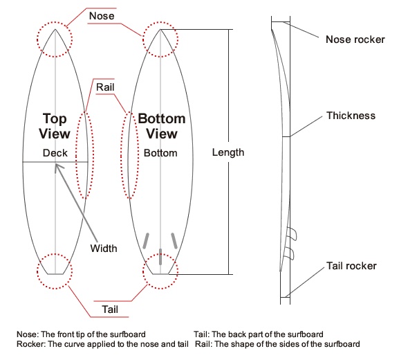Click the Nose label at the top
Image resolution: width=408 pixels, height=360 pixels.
[x=102, y=15]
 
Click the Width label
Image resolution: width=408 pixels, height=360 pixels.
[x=104, y=248]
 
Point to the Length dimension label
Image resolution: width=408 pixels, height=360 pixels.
[x=228, y=152]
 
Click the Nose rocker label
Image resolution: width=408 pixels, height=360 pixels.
[x=355, y=39]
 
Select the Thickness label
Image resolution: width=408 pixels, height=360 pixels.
[x=351, y=116]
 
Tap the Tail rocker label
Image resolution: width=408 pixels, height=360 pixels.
[x=351, y=265]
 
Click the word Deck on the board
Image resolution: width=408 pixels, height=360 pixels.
[x=55, y=152]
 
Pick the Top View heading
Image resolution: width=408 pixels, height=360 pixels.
[x=55, y=126]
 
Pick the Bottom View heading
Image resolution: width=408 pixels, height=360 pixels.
[x=161, y=126]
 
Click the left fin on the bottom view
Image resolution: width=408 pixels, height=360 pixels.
[x=146, y=240]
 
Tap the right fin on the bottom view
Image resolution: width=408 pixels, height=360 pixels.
[x=174, y=240]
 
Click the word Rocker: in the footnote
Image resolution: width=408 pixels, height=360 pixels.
[x=30, y=344]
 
